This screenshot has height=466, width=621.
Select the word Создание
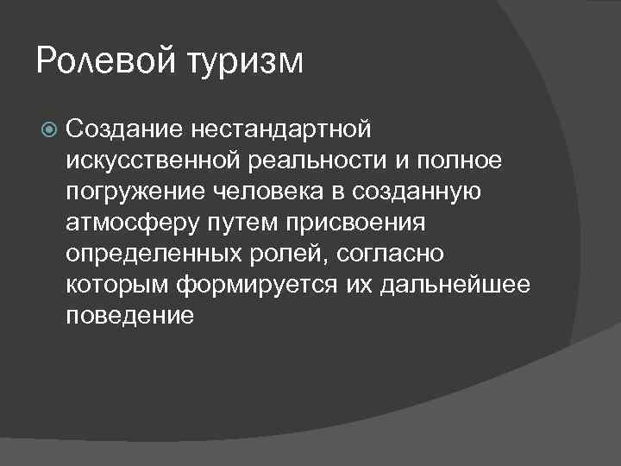tap(119, 129)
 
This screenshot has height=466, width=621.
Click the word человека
tap(259, 192)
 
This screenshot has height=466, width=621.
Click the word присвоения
tap(354, 224)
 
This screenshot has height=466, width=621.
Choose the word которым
tap(118, 286)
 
